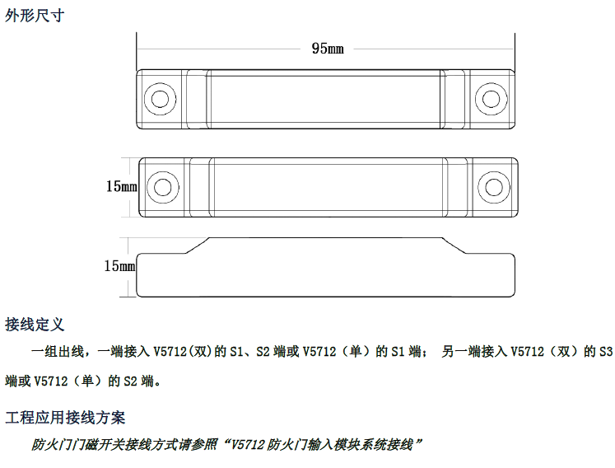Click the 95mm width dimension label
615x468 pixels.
(x=328, y=49)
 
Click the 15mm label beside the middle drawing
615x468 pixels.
(x=122, y=186)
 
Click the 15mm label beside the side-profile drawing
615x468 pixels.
(x=119, y=266)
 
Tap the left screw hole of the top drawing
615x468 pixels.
(x=160, y=99)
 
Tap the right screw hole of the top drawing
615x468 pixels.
(x=491, y=99)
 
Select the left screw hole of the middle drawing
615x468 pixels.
(x=163, y=187)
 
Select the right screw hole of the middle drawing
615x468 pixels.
(x=494, y=187)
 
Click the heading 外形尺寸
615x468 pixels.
(x=35, y=16)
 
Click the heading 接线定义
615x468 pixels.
(x=35, y=325)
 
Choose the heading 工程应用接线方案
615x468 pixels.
(x=65, y=418)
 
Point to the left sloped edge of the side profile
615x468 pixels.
(x=198, y=246)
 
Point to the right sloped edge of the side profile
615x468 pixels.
(x=454, y=246)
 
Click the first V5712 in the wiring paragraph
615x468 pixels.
(x=170, y=351)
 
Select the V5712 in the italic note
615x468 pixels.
(x=248, y=445)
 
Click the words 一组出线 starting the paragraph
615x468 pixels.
(x=58, y=351)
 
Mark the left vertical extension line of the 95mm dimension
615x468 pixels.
(x=137, y=51)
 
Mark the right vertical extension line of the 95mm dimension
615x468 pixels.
(x=515, y=52)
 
